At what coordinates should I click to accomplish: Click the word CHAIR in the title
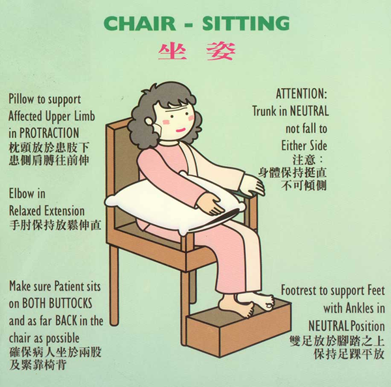(x=140, y=23)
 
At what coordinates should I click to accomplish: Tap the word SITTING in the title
(x=246, y=23)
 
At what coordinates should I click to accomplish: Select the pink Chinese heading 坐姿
(x=197, y=51)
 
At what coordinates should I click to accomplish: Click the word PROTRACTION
(x=49, y=133)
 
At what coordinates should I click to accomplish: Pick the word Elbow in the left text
(x=22, y=193)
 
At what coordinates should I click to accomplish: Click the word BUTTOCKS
(x=70, y=304)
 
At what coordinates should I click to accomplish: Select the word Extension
(x=65, y=211)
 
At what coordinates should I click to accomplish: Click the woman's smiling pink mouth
(x=181, y=130)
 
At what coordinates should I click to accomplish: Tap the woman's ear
(x=149, y=121)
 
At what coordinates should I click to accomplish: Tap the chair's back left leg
(x=114, y=285)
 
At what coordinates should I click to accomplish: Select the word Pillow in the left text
(x=22, y=100)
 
